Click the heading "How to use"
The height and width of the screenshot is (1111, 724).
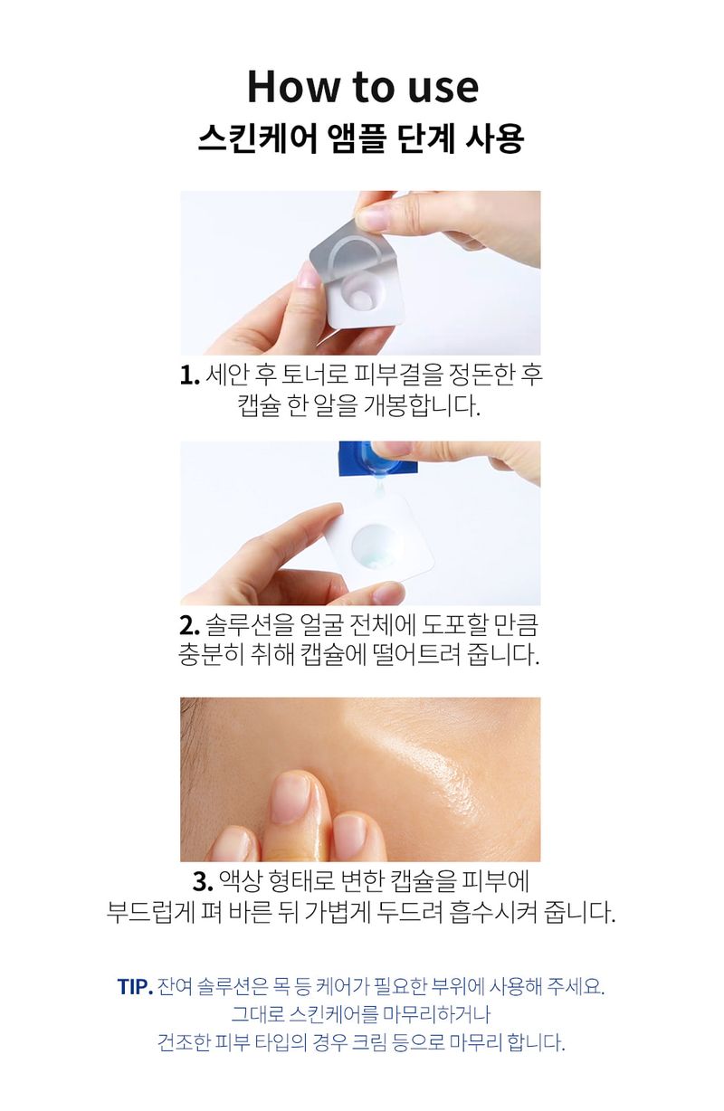(x=362, y=87)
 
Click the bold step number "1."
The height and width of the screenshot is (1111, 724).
(x=189, y=375)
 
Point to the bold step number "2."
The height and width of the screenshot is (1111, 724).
(x=189, y=626)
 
